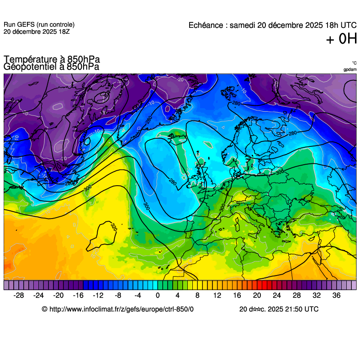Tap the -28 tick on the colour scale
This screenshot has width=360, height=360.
[19, 296]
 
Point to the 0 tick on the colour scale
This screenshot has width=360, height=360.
[158, 296]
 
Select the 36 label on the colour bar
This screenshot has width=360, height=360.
[336, 296]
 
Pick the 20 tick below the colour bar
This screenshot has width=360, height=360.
[257, 296]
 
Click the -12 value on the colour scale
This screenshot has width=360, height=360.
[98, 296]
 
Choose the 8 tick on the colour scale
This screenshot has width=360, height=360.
[197, 296]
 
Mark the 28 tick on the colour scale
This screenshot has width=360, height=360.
[296, 296]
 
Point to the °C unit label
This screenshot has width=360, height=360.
[354, 63]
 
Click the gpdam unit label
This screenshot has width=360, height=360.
[350, 69]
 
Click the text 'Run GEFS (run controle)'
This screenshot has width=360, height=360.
[39, 25]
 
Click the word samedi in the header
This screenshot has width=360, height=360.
[242, 26]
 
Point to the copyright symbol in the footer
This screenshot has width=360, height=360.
[44, 309]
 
